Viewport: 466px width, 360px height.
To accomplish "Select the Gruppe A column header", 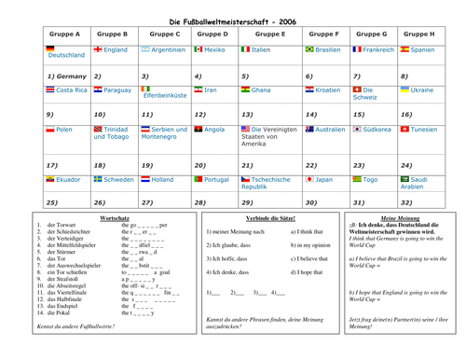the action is (62, 33).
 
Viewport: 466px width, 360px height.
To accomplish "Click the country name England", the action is (116, 49).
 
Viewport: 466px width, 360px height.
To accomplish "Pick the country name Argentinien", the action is (170, 49).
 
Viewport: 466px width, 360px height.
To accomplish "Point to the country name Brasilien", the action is (328, 49).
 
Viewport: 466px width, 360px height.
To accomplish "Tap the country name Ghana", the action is (262, 90).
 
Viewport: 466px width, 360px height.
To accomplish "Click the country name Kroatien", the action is (327, 90).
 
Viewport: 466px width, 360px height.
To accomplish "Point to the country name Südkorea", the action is (377, 131).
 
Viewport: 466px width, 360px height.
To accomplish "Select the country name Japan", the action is (323, 179).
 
